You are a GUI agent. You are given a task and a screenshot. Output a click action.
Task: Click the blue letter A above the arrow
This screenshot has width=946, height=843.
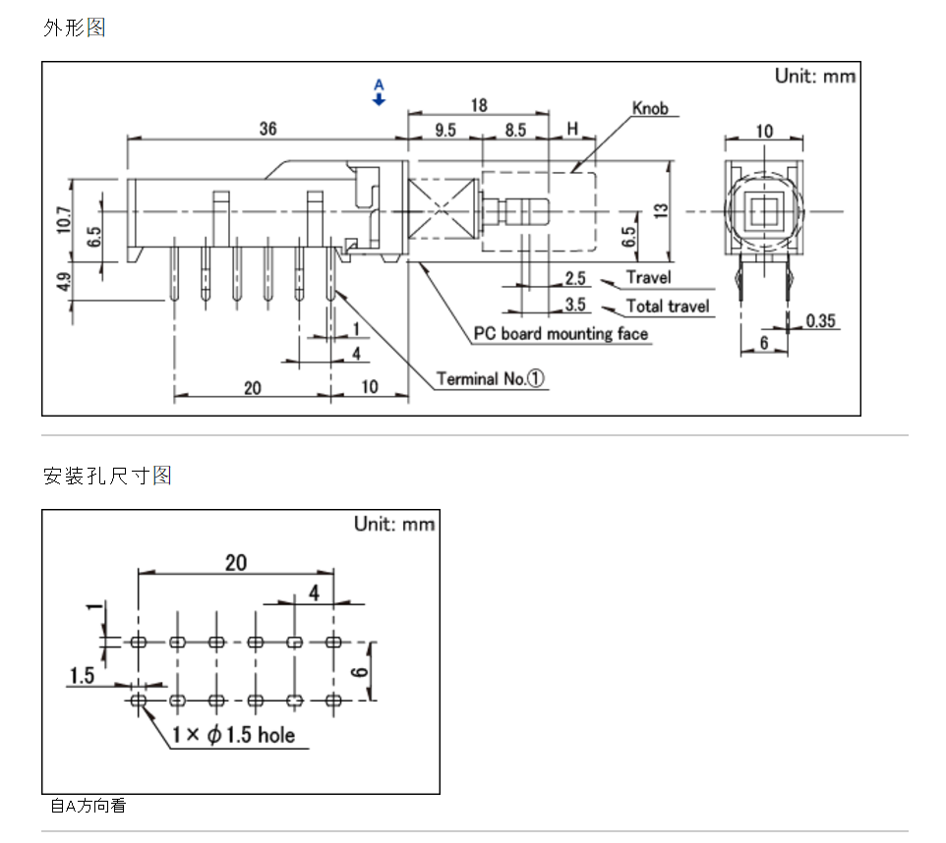point(380,85)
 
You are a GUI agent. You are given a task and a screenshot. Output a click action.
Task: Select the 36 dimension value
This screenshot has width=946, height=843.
point(267,129)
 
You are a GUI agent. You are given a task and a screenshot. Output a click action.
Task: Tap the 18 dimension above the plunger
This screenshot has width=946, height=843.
point(479,105)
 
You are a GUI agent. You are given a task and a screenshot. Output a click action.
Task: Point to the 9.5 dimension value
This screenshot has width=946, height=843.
point(444,130)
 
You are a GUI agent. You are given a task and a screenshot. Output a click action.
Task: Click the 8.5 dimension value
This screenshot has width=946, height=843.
point(515,130)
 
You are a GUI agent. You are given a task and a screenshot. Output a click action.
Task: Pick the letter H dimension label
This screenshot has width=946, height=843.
point(571,130)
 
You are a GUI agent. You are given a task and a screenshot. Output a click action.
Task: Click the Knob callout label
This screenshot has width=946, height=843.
point(650,108)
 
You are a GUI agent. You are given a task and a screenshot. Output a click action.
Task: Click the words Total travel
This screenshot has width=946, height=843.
point(668,307)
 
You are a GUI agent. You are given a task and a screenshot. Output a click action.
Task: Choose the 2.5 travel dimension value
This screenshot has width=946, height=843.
point(575,279)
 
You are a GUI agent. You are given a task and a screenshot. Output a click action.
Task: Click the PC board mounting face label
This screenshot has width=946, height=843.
point(561,334)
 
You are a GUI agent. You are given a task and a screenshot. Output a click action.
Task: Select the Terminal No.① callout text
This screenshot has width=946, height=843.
point(491,378)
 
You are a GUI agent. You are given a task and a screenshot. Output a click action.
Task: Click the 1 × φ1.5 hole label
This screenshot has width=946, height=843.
point(233,735)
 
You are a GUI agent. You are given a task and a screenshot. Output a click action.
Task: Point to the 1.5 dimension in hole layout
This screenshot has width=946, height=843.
point(82,675)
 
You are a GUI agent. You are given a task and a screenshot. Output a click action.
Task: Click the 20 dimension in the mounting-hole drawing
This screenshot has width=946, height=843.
point(236,563)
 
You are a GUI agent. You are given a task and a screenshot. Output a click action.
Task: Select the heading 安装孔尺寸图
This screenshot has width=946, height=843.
point(107,477)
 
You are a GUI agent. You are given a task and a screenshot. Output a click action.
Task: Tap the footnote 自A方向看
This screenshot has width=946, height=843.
point(89,807)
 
